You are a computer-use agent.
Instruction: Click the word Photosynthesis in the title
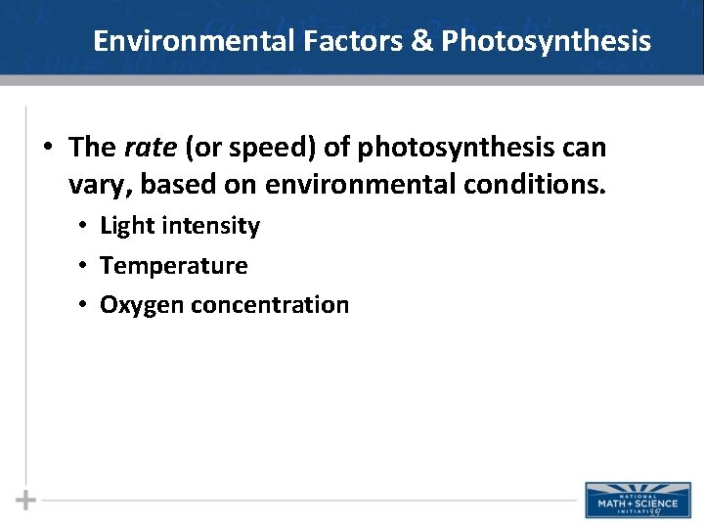click(546, 41)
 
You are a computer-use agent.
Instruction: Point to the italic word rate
click(150, 148)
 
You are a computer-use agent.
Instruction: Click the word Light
click(127, 226)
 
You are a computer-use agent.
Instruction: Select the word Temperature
click(174, 265)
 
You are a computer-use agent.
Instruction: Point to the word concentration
click(270, 305)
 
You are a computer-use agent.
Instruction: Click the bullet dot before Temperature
click(85, 265)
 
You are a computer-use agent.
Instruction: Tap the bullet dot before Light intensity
click(85, 226)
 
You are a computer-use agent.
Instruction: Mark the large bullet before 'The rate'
click(48, 149)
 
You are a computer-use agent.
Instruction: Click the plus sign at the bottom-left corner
click(26, 500)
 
